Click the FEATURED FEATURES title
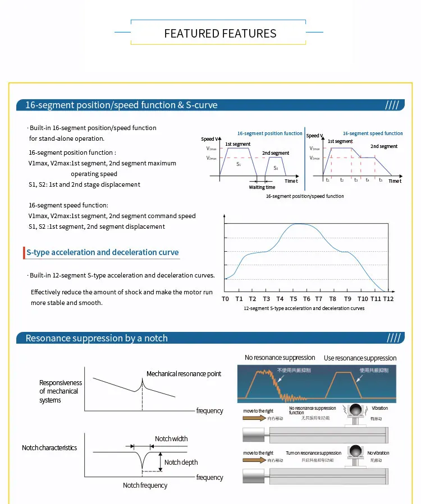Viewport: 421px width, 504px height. (220, 34)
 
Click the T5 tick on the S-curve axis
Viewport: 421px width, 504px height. (293, 299)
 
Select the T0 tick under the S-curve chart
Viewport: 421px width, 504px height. (225, 299)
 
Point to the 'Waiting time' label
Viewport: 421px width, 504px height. (262, 187)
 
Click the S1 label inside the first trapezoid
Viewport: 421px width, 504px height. (239, 164)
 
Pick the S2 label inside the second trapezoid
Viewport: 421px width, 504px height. (276, 168)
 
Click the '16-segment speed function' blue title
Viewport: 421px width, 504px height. (373, 133)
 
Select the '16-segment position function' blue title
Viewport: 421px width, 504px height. (269, 133)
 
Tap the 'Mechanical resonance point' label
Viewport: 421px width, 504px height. (184, 374)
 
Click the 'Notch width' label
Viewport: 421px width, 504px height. (171, 439)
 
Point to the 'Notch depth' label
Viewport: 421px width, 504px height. (181, 463)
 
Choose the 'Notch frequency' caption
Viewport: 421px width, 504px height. (145, 485)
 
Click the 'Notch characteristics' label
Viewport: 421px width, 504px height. (49, 448)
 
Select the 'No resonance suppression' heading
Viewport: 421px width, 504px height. (280, 358)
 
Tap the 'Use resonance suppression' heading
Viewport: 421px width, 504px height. (360, 358)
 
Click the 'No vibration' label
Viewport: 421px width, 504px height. (378, 453)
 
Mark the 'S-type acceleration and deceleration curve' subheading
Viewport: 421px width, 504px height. (103, 252)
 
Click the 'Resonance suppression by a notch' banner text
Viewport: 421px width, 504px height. (97, 338)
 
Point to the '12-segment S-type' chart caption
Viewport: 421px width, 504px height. (304, 308)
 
